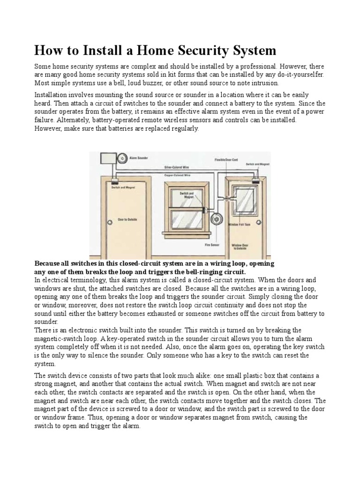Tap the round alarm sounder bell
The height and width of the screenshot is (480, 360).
coord(121,158)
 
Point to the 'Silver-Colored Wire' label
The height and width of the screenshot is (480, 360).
coord(176,166)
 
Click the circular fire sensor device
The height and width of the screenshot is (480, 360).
coord(216,219)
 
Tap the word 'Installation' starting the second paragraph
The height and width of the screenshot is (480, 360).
coord(52,95)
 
